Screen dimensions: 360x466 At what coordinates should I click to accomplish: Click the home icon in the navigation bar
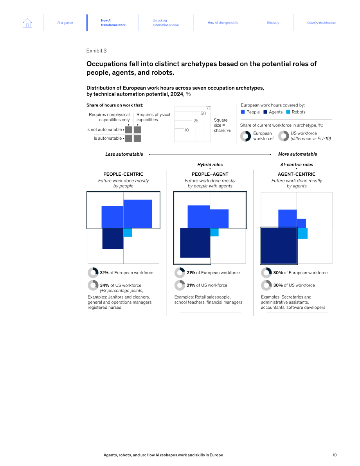[27, 23]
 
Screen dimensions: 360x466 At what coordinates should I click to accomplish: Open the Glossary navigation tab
[273, 23]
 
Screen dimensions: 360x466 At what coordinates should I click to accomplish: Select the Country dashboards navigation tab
[321, 23]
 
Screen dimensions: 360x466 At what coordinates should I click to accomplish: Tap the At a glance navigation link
[65, 23]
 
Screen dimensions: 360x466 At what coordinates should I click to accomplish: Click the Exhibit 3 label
[96, 51]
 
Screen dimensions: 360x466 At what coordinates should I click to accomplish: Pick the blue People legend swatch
[243, 112]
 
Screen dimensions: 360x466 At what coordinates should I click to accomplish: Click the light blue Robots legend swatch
[288, 112]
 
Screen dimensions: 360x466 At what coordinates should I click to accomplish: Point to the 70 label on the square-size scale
[209, 108]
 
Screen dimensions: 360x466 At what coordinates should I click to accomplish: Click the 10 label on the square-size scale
[186, 130]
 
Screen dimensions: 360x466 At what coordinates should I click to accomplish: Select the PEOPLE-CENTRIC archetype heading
[123, 174]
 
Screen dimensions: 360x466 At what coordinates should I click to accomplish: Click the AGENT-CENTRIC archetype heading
[297, 174]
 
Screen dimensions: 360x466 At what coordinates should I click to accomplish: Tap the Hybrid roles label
[210, 165]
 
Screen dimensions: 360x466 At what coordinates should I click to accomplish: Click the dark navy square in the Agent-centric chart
[279, 246]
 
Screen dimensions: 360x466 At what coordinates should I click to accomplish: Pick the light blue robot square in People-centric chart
[128, 232]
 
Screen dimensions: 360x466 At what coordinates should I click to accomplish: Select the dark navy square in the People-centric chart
[113, 238]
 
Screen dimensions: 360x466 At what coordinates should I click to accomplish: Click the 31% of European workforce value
[127, 273]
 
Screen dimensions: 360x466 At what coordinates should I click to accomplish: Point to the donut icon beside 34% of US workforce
[93, 285]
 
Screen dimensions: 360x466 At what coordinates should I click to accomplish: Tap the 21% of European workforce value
[213, 273]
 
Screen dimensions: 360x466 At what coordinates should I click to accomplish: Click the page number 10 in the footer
[335, 455]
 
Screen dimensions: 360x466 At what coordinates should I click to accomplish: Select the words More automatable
[297, 154]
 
